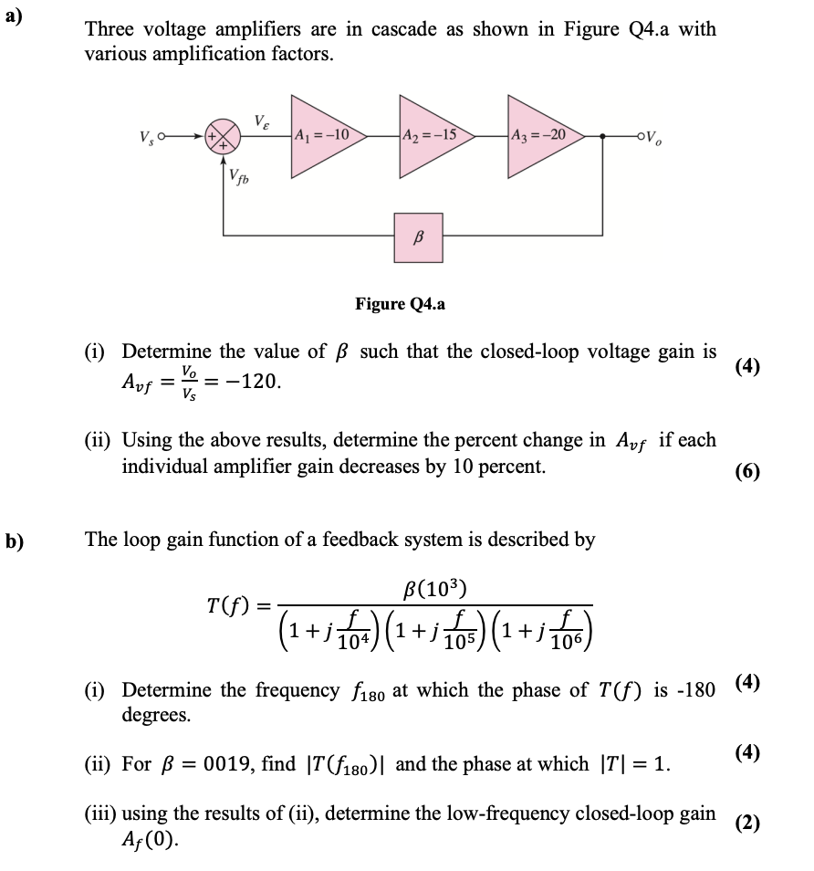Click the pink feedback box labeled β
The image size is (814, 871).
pyautogui.click(x=420, y=236)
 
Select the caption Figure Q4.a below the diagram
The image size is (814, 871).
pyautogui.click(x=400, y=304)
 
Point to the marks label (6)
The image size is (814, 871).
pyautogui.click(x=746, y=471)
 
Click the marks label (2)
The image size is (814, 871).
pyautogui.click(x=746, y=823)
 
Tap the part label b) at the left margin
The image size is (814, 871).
pyautogui.click(x=14, y=540)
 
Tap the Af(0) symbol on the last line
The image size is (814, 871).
pyautogui.click(x=148, y=837)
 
